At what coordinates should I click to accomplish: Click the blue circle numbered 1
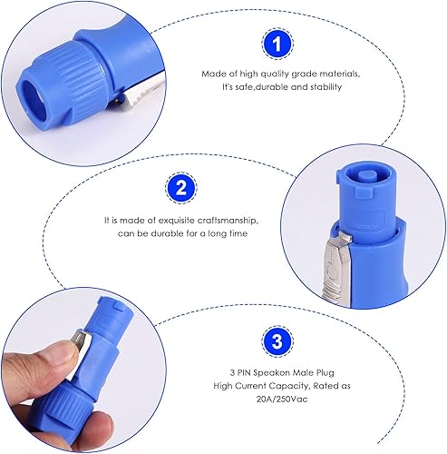coord(277,44)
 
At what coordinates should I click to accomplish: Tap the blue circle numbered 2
coord(181,188)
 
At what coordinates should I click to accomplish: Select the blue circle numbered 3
coord(277,341)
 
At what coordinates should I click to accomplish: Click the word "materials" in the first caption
coord(335,74)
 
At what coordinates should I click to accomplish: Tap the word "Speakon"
coord(268,372)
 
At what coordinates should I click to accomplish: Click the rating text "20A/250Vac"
coord(282,399)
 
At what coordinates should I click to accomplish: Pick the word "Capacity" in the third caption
coord(289,386)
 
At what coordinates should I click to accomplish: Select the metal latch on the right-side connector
coord(337,266)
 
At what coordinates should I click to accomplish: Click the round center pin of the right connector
coord(365,176)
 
